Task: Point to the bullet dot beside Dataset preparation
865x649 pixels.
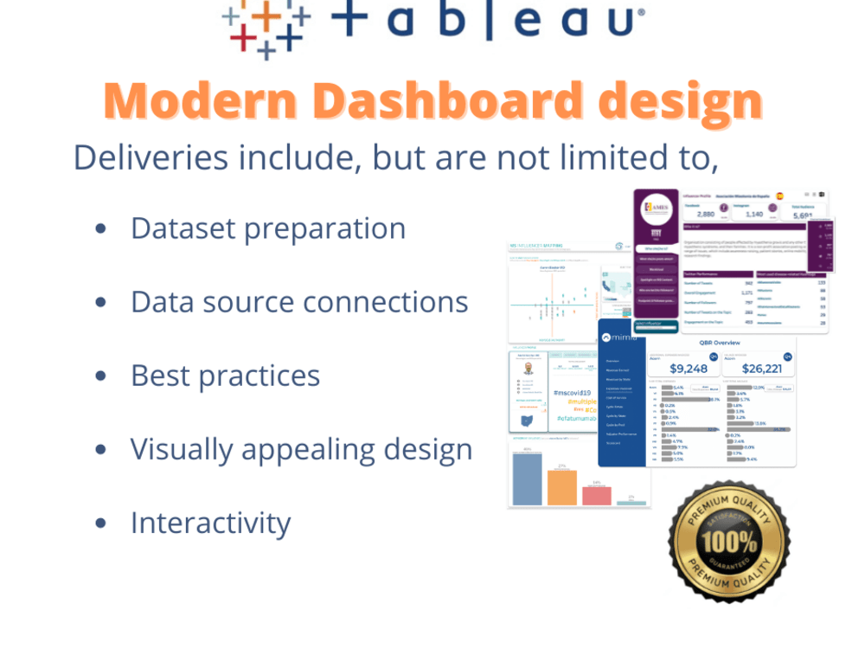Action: [101, 229]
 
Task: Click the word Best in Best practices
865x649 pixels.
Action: [163, 376]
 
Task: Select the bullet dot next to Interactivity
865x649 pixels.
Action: [101, 524]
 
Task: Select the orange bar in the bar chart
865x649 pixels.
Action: [561, 486]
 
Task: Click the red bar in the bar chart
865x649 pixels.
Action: [596, 495]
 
